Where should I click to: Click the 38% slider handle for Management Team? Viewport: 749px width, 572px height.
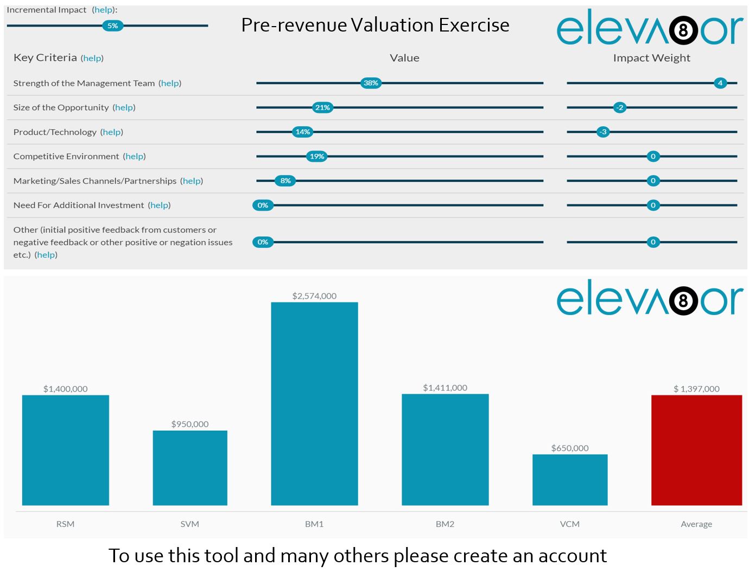coord(371,83)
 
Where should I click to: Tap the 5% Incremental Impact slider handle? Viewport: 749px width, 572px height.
coord(112,26)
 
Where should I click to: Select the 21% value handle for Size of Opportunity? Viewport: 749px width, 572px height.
coord(322,108)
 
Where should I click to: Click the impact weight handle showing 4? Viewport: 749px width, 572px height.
coord(720,83)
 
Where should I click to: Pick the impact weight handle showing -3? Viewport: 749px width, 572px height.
coord(602,132)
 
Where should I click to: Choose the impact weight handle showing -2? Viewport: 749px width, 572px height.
coord(619,108)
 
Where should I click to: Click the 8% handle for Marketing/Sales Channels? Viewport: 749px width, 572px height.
coord(285,181)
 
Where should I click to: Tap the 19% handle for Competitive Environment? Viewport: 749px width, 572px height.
coord(316,156)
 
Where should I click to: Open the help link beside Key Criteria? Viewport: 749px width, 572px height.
coord(92,58)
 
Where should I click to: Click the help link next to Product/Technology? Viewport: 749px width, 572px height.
coord(112,132)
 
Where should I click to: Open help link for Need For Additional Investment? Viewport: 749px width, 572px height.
coord(159,205)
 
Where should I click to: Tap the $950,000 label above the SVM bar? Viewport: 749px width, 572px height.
coord(190,424)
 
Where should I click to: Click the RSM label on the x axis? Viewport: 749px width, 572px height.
coord(65,524)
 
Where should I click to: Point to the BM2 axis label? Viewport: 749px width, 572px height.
coord(445,524)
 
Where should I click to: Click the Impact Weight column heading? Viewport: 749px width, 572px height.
coord(651,58)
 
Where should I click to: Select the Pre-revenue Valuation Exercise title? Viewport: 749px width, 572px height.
coord(375,25)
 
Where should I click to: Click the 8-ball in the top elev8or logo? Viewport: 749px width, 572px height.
coord(683,30)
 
